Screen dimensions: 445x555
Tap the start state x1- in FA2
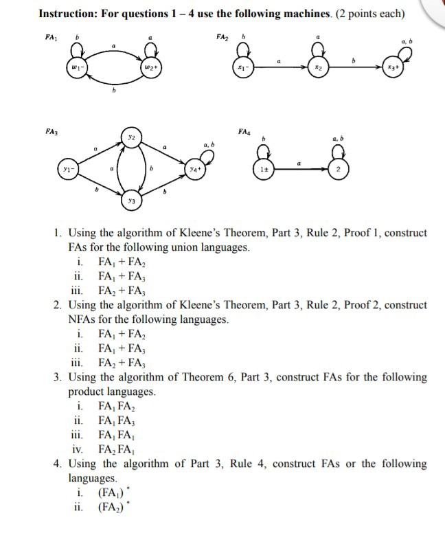point(240,68)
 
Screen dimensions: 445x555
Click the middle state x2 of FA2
point(318,68)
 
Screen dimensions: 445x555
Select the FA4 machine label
point(244,131)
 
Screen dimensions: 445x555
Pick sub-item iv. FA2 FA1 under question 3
point(113,449)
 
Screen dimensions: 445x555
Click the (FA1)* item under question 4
point(113,492)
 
